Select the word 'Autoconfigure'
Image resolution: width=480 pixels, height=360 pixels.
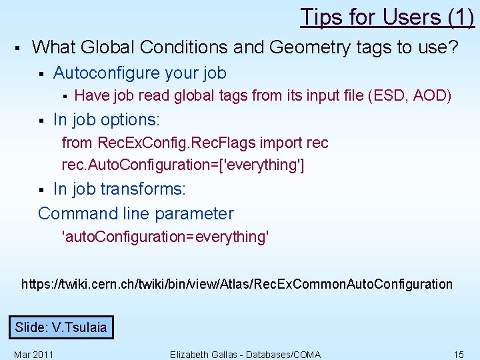pyautogui.click(x=109, y=73)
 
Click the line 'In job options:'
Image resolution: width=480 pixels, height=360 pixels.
pyautogui.click(x=107, y=120)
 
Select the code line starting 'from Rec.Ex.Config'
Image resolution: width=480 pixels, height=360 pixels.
pyautogui.click(x=195, y=143)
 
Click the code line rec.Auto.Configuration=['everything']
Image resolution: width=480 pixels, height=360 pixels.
pyautogui.click(x=183, y=164)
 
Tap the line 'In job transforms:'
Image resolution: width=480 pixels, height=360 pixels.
pyautogui.click(x=119, y=189)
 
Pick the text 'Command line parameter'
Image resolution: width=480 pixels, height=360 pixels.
pyautogui.click(x=136, y=214)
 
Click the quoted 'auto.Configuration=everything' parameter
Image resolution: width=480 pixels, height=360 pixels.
pyautogui.click(x=165, y=237)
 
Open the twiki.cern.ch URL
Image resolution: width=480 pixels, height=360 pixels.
pyautogui.click(x=237, y=284)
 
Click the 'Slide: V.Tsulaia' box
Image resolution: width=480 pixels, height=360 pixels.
pyautogui.click(x=61, y=327)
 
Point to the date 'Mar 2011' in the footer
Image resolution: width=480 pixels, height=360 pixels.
pyautogui.click(x=33, y=354)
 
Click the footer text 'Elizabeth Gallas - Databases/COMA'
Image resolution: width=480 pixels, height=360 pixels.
pyautogui.click(x=245, y=354)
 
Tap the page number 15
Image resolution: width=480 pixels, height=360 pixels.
pyautogui.click(x=458, y=354)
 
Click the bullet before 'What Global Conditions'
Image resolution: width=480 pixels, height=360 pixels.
pyautogui.click(x=17, y=48)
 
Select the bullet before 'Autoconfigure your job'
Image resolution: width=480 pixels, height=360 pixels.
pyautogui.click(x=41, y=73)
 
